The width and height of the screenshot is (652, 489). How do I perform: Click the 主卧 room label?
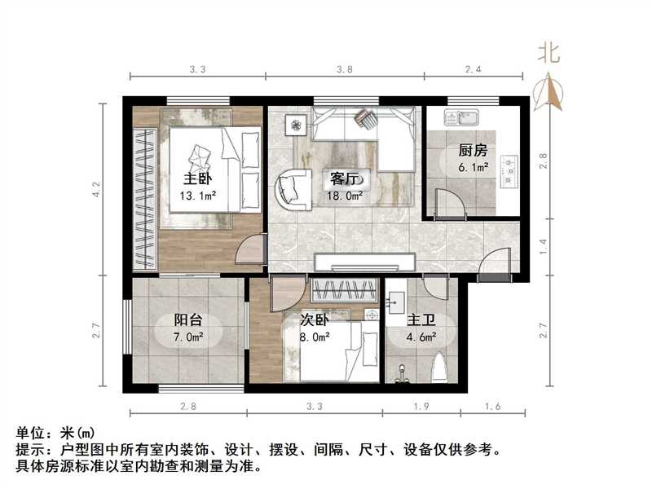[192, 178]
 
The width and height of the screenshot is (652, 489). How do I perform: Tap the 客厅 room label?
[341, 178]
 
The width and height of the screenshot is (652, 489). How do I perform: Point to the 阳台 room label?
[187, 320]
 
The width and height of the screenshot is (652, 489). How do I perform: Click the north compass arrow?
[551, 90]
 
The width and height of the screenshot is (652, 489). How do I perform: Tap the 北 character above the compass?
[548, 54]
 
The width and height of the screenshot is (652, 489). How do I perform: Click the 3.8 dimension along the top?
[345, 70]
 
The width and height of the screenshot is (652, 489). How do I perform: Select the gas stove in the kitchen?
[510, 169]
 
